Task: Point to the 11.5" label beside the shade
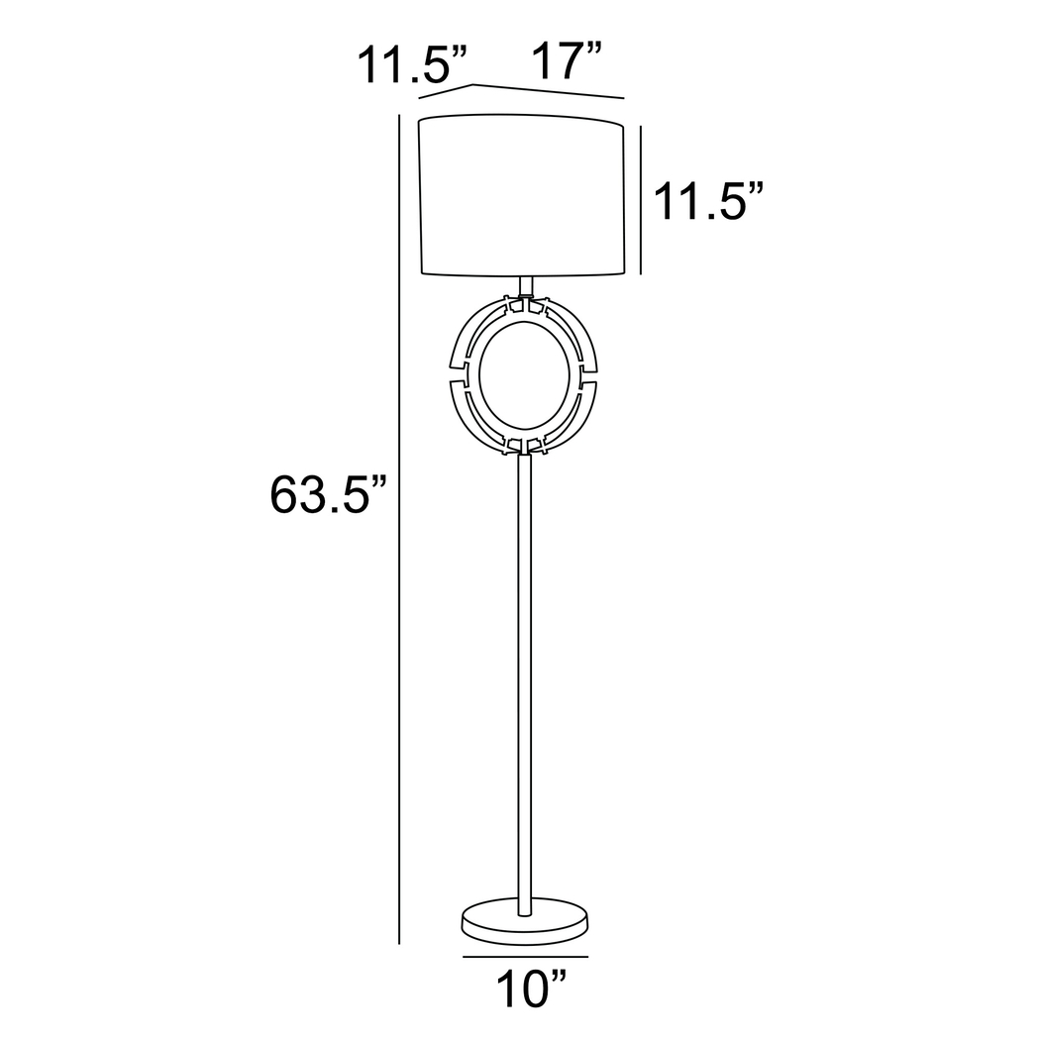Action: click(x=707, y=202)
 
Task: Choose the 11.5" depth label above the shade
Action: click(x=411, y=65)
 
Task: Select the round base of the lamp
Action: click(x=524, y=920)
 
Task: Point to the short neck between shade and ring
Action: click(x=526, y=285)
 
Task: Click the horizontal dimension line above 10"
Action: click(x=525, y=957)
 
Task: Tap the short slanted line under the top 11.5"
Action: click(x=446, y=91)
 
